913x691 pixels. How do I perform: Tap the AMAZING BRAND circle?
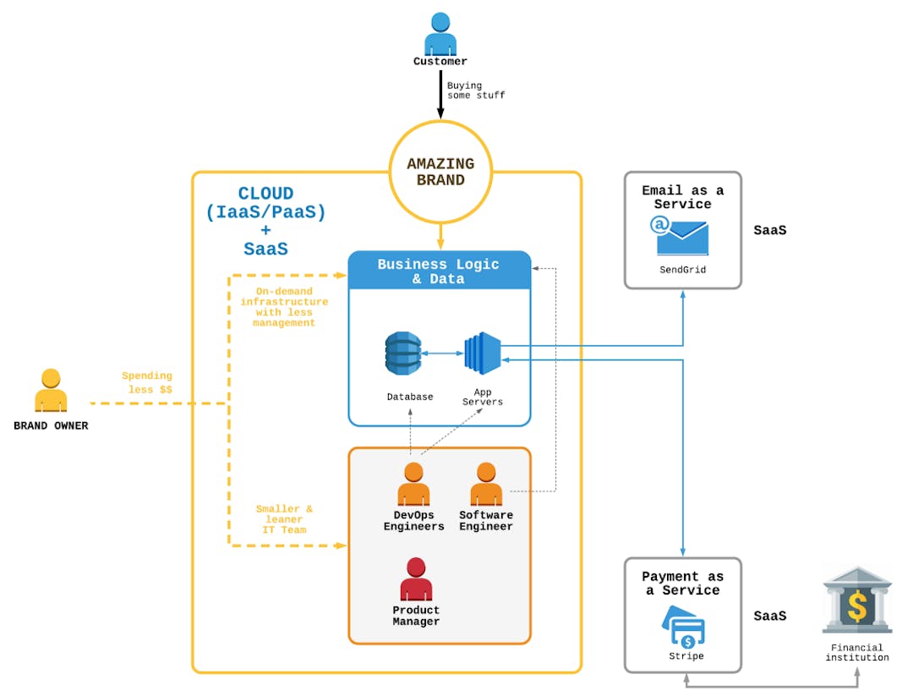[x=440, y=172]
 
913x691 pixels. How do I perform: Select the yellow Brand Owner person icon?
[x=51, y=391]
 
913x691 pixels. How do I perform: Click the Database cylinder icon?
[x=402, y=354]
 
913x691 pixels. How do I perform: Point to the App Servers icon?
[x=483, y=354]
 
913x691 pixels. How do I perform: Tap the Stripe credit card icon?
[x=683, y=627]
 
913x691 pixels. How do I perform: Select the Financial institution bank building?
[x=856, y=601]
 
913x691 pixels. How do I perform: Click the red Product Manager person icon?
[x=416, y=579]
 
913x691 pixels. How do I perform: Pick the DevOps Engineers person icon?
[x=413, y=484]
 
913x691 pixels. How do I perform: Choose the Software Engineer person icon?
[x=486, y=484]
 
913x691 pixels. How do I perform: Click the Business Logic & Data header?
[x=439, y=271]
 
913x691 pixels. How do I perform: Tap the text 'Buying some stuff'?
[x=475, y=90]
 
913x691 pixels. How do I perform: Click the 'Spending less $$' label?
[x=147, y=382]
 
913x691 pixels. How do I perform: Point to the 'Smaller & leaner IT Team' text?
[x=284, y=519]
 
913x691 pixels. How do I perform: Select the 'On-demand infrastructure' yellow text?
[x=284, y=306]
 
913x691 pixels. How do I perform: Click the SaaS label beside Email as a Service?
[x=769, y=230]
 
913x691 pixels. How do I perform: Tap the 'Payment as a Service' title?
[x=683, y=584]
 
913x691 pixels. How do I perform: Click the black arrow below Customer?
[x=440, y=95]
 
